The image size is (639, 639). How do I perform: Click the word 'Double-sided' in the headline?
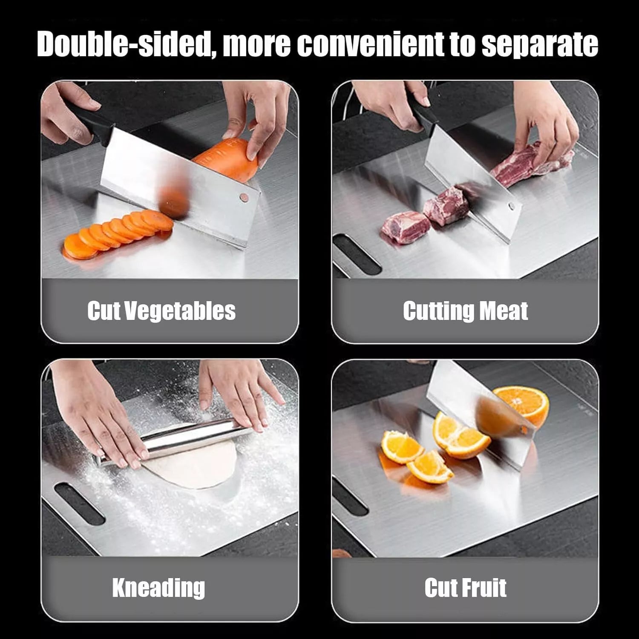123,44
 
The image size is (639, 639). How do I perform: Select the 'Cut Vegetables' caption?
161,311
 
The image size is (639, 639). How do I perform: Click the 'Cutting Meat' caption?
465,311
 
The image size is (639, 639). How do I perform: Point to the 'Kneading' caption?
158,587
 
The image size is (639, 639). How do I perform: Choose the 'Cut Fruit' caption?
465,587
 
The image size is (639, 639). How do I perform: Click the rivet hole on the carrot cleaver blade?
243,197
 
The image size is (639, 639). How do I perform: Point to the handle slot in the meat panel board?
356,253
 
